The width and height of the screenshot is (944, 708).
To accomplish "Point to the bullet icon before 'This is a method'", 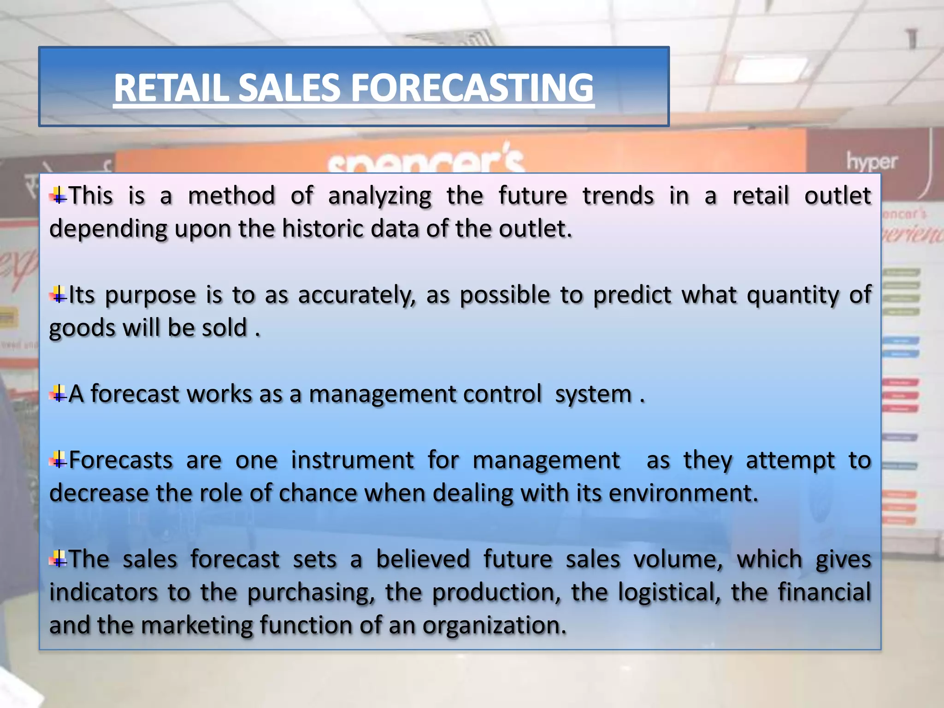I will (x=59, y=195).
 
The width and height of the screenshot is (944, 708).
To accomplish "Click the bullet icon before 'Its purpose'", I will (x=59, y=295).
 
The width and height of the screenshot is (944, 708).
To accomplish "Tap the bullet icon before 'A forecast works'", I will (x=59, y=394).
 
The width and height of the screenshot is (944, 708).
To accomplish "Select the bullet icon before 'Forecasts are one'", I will (x=59, y=460).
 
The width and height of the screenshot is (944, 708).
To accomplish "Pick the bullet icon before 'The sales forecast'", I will (x=59, y=559).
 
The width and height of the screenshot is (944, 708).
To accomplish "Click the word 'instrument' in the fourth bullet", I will (x=352, y=460).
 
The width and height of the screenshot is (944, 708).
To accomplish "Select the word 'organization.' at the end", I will (x=494, y=625).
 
